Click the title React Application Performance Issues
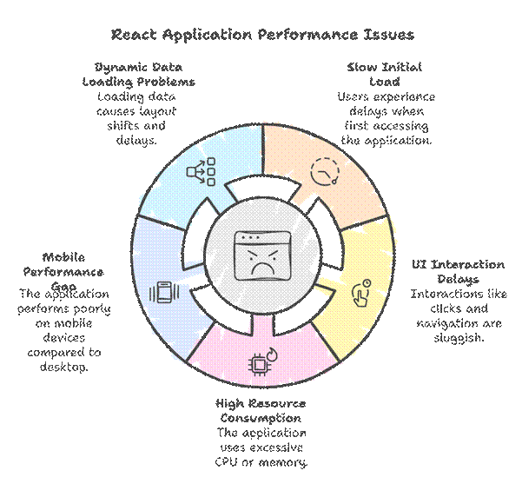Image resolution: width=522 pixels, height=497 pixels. point(261,35)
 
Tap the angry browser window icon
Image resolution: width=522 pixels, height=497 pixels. point(261,252)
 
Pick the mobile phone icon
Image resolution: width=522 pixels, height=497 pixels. point(163,292)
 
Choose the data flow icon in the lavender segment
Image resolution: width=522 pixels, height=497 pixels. point(201,172)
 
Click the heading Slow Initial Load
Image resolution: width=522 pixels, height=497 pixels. point(384,73)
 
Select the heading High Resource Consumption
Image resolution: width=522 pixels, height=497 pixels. point(261,411)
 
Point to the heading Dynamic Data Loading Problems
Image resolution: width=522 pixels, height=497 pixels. point(145,73)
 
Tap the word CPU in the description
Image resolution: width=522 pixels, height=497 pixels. point(228,461)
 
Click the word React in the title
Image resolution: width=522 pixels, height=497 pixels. point(133,35)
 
